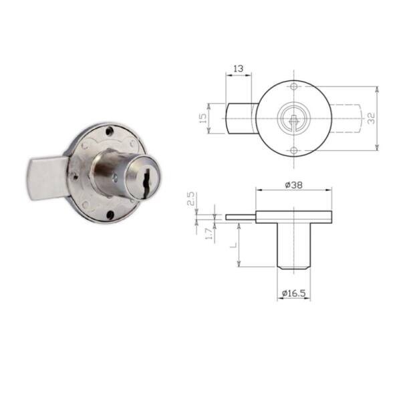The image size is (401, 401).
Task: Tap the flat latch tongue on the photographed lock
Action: (47, 178)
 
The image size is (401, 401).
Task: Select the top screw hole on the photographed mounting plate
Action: (110, 130)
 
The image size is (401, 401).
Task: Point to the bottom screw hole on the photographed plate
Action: (110, 215)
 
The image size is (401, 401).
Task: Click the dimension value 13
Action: (239, 69)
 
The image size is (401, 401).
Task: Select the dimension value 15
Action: (203, 118)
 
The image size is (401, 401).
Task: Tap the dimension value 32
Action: (371, 118)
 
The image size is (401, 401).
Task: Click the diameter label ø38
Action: (293, 184)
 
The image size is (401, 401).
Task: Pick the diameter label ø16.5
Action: (293, 293)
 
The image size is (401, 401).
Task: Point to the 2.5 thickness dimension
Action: (192, 199)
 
